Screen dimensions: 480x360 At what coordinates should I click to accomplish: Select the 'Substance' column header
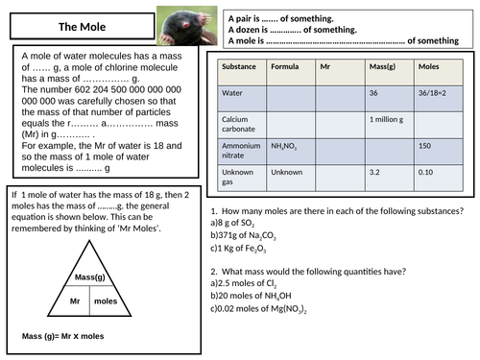pyautogui.click(x=239, y=68)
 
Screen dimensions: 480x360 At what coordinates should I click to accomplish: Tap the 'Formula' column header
pyautogui.click(x=285, y=68)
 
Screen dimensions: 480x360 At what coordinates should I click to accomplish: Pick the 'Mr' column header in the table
pyautogui.click(x=326, y=68)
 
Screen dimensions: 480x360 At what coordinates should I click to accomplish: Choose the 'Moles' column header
pyautogui.click(x=426, y=68)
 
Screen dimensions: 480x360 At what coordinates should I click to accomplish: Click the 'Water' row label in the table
pyautogui.click(x=233, y=93)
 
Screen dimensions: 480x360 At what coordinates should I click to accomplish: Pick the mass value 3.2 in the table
pyautogui.click(x=375, y=172)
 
